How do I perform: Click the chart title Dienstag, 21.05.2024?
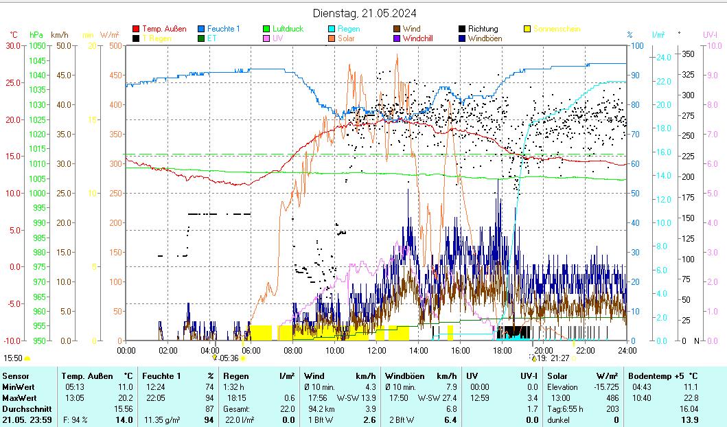click(364, 13)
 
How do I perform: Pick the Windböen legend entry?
click(485, 38)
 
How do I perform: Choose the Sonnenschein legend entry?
click(557, 29)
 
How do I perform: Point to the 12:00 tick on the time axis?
click(376, 350)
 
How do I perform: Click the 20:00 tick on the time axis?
click(544, 350)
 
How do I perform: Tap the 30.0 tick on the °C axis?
click(14, 46)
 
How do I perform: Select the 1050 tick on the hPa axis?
click(38, 46)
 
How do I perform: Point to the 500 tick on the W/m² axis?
click(115, 46)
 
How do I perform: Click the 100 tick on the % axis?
click(637, 46)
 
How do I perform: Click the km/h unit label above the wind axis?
click(60, 34)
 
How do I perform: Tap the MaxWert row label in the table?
click(18, 397)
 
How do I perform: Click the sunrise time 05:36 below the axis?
click(229, 358)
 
